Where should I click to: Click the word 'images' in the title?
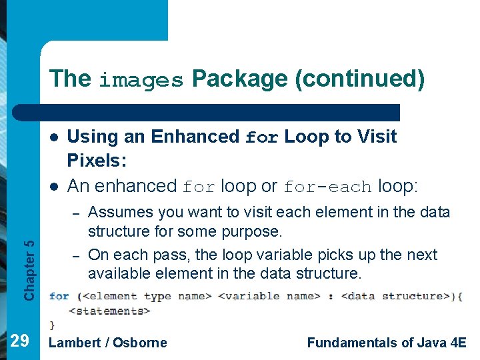141,80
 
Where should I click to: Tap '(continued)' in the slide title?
361,79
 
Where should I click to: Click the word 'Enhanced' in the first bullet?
195,137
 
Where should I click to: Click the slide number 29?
21,341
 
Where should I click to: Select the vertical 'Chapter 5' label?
29,259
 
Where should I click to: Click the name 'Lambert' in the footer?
75,343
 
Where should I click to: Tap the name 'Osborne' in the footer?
140,343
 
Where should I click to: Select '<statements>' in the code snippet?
109,311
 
